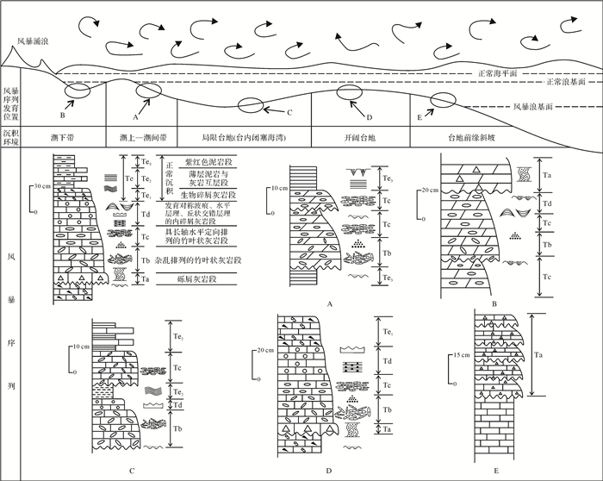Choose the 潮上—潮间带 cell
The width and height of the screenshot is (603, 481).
(141, 137)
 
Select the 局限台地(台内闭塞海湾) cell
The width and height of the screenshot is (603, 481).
(243, 137)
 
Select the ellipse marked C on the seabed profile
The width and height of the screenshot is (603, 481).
(249, 105)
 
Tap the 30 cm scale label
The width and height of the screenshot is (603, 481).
(38, 186)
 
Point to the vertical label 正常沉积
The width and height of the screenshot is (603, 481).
(169, 179)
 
